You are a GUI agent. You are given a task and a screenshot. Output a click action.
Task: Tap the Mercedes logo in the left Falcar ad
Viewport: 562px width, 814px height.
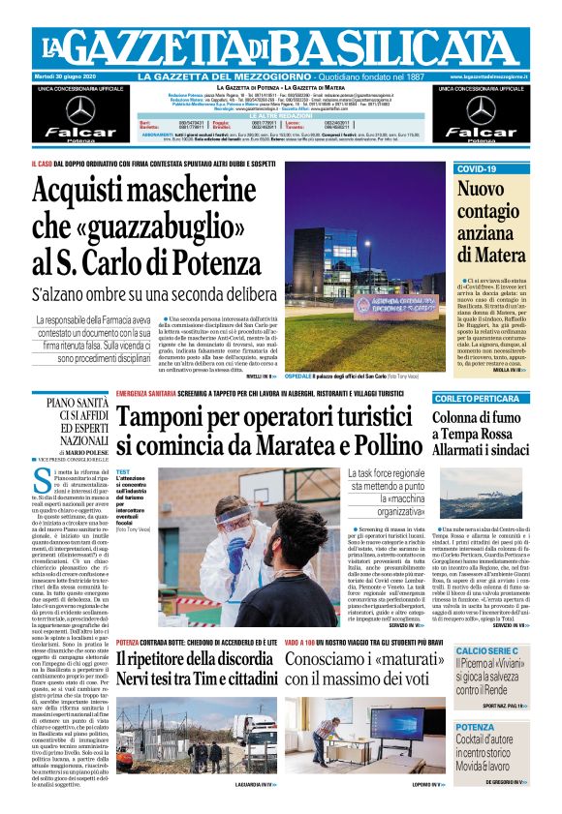[79, 109]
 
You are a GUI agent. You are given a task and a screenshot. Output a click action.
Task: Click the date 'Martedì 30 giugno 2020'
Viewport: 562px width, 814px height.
[74, 76]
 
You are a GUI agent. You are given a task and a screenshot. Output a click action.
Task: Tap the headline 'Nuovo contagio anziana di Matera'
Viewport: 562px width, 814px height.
[488, 222]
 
